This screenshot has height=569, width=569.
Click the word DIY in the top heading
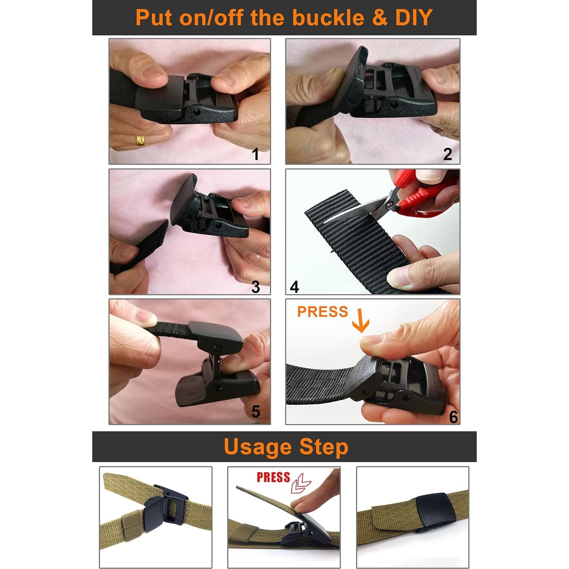click(414, 17)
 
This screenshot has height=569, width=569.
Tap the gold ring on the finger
click(140, 140)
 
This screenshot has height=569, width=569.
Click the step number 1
click(255, 154)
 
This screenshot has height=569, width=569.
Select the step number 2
click(448, 154)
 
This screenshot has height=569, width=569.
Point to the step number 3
click(255, 287)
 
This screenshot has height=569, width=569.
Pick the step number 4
click(294, 287)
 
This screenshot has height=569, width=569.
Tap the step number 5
click(255, 411)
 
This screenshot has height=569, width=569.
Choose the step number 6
click(453, 417)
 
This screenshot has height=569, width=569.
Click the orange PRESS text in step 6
click(322, 312)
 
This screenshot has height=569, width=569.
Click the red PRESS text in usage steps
click(273, 477)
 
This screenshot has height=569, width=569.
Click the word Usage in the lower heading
click(258, 447)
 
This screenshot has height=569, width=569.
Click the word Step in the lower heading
click(323, 447)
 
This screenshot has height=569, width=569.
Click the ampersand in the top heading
click(379, 18)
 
